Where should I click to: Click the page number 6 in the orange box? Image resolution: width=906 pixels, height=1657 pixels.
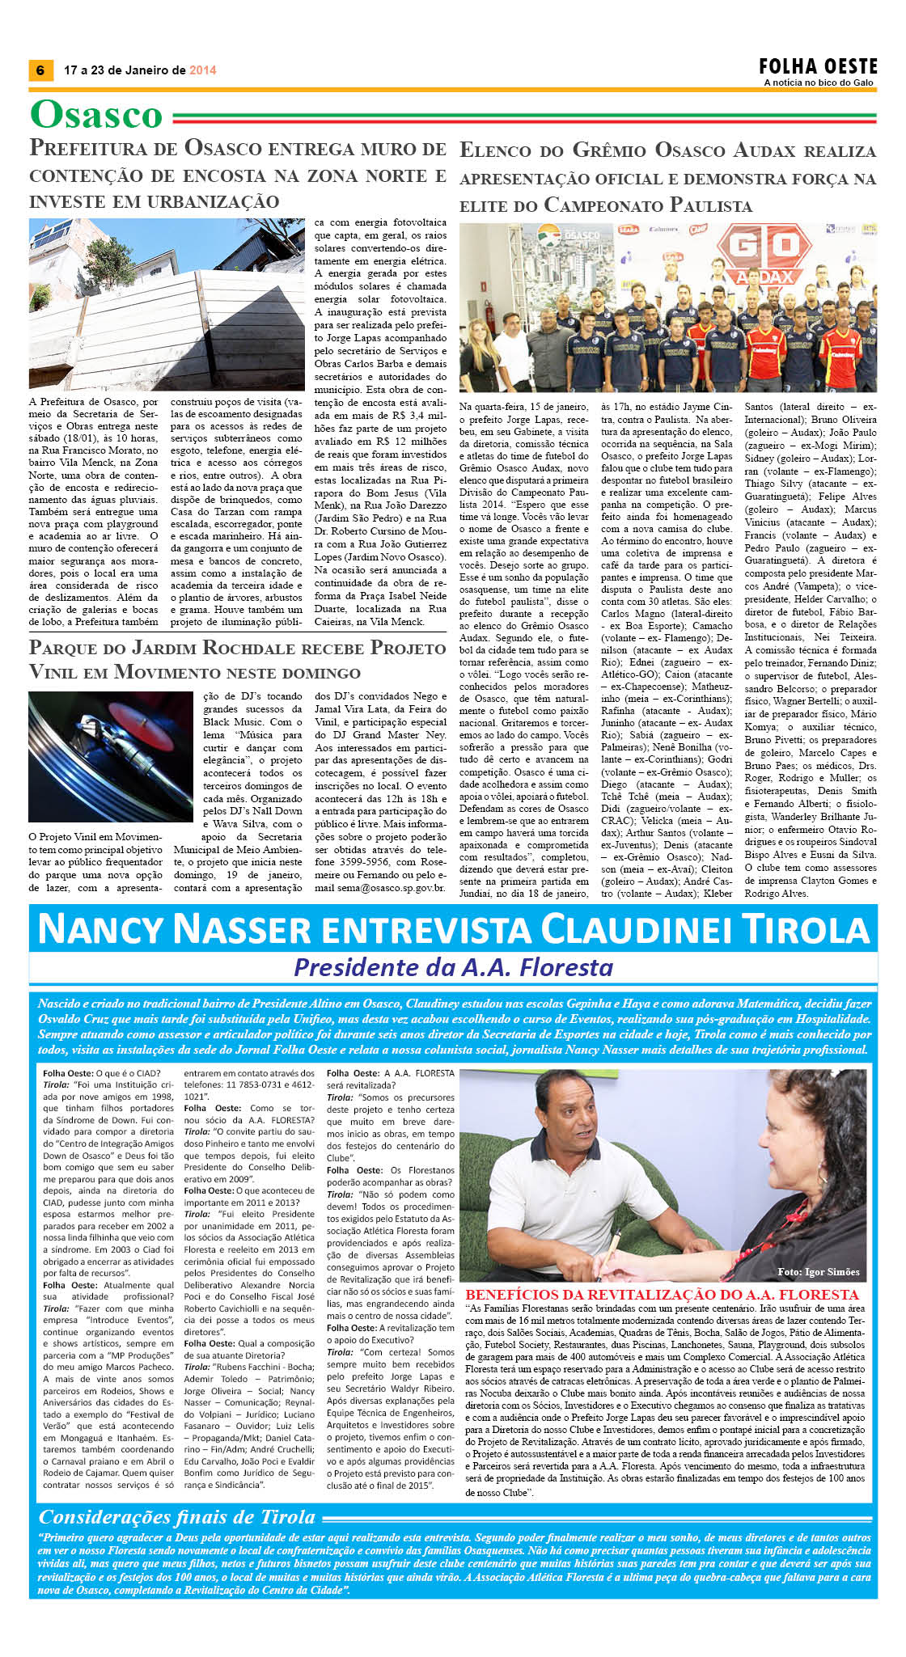pos(40,70)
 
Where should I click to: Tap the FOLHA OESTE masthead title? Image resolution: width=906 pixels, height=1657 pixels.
pos(818,66)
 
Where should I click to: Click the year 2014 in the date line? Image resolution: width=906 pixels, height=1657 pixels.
pos(203,70)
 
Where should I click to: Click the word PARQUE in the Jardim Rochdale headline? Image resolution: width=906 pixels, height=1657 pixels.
pos(67,648)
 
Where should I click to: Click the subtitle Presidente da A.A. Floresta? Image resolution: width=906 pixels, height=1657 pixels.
pos(453,967)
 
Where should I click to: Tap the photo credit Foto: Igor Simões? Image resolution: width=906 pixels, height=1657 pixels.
pos(818,1272)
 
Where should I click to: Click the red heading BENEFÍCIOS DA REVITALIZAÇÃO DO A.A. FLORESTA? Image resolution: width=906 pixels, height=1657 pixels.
pos(662,1295)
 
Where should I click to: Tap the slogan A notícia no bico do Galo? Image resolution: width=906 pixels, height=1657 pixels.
pos(819,82)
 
